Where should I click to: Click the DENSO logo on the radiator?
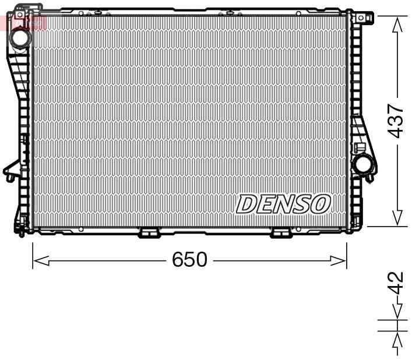pyautogui.click(x=283, y=204)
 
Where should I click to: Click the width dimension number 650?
pyautogui.click(x=189, y=259)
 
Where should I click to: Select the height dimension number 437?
pyautogui.click(x=396, y=121)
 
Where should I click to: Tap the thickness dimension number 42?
pyautogui.click(x=396, y=284)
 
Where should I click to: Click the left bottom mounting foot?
pyautogui.click(x=149, y=233)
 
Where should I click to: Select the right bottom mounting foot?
pyautogui.click(x=282, y=233)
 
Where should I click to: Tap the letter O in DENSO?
pyautogui.click(x=321, y=204)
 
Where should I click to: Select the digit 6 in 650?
pyautogui.click(x=178, y=259)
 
